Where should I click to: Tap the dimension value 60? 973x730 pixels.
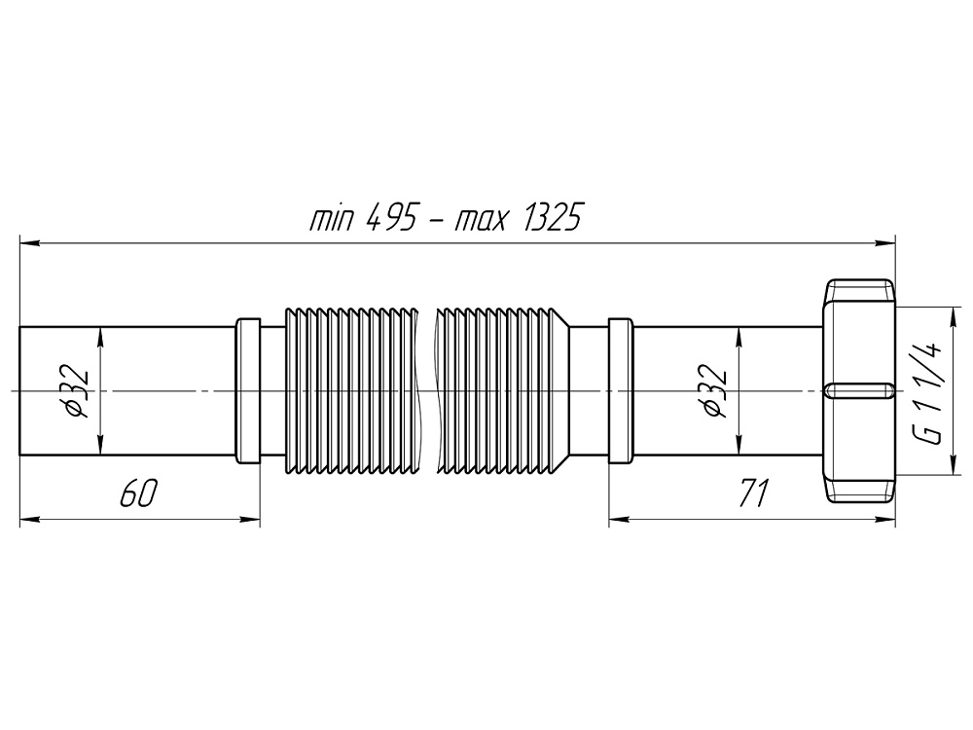tap(137, 494)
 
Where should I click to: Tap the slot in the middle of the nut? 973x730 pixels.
tap(859, 390)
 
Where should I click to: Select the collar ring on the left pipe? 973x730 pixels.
tap(248, 390)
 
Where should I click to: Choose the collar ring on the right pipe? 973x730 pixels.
tap(620, 390)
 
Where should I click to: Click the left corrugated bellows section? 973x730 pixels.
tap(350, 390)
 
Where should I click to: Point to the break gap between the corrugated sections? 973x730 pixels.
tap(426, 390)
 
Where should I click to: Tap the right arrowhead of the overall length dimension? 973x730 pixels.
tap(888, 242)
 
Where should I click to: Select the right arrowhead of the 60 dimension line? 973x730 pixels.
tap(254, 520)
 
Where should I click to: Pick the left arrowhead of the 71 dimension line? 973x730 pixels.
tap(615, 520)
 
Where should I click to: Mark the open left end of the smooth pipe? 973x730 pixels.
tap(20, 390)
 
